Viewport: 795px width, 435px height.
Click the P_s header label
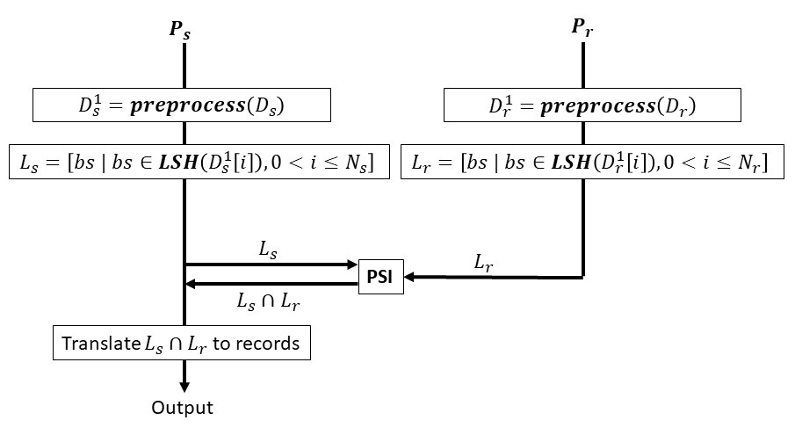tap(180, 29)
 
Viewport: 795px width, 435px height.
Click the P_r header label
tap(582, 27)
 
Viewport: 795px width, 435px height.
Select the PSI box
tap(380, 278)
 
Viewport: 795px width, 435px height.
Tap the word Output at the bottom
tap(182, 408)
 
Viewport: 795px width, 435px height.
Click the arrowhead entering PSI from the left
tap(351, 264)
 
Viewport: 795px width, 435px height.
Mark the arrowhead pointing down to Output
tap(184, 388)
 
